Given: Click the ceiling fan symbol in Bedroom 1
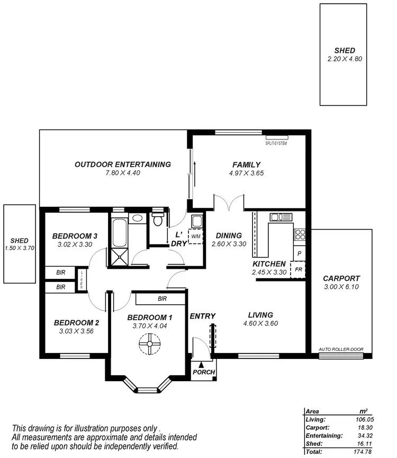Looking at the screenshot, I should point(149,346).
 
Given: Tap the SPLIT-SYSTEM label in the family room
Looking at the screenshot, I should point(276,143).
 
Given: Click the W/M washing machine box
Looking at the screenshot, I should point(196,236).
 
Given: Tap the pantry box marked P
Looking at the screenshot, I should point(299,254).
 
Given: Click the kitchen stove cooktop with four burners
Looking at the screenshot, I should point(300,234).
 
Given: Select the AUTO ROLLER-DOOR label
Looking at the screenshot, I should point(344,349).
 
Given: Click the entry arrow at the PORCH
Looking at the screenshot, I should point(201,364).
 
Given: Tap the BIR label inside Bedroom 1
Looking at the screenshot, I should point(162,299).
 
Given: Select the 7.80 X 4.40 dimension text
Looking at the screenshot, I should point(122,173).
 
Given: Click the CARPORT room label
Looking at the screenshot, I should point(341,278).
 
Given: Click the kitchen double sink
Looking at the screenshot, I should point(281,217).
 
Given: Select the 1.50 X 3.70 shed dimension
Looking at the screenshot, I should point(19,248).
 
